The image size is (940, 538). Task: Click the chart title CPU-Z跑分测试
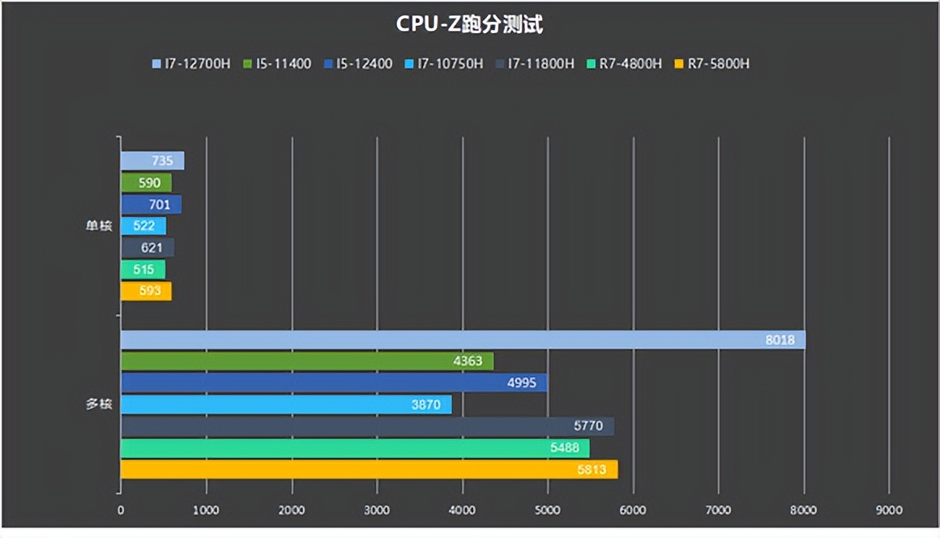pos(469,24)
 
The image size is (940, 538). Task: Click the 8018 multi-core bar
pos(463,339)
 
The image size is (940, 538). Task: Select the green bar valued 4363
pos(306,361)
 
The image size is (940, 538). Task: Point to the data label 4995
pos(521,383)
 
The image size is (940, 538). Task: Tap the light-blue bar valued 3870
pos(285,404)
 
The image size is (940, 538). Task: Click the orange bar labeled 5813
pos(369,469)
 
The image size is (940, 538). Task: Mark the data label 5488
pos(564,448)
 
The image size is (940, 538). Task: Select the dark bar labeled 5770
pos(367,426)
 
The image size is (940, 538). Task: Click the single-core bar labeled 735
pos(152,161)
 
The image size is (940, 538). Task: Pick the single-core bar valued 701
pos(151,204)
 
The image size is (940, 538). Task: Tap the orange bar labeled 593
pos(146,291)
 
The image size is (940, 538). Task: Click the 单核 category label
pos(99,226)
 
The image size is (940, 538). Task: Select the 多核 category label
pos(99,404)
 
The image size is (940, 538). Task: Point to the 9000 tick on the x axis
pos(889,510)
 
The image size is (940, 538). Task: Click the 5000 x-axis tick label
pos(547,510)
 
